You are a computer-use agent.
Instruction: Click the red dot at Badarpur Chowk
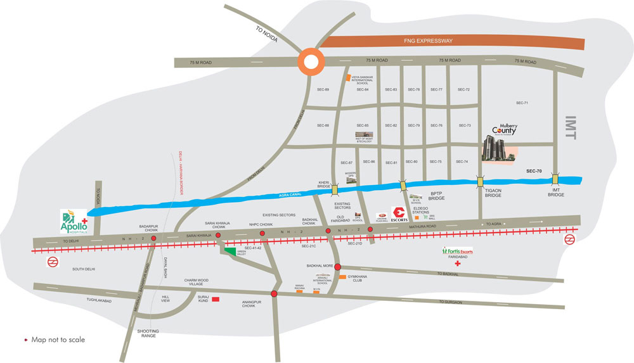click(154, 238)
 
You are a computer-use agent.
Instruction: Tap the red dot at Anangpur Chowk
click(274, 294)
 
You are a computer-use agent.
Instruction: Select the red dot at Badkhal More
click(338, 267)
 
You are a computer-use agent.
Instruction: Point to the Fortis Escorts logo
click(458, 252)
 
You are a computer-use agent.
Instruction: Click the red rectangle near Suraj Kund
click(216, 298)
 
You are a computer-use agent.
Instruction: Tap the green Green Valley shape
click(228, 252)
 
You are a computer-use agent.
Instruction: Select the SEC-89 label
click(323, 90)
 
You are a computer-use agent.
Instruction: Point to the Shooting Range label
click(148, 334)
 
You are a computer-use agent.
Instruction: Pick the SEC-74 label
click(462, 162)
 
